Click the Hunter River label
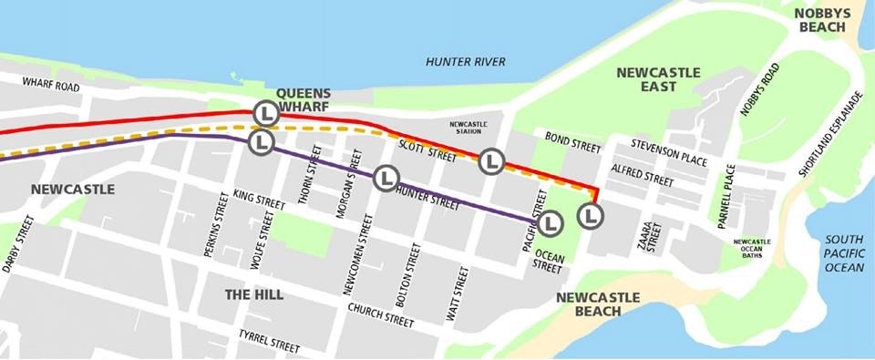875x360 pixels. point(465,62)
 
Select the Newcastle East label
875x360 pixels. point(658,79)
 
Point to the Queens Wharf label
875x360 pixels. point(304,99)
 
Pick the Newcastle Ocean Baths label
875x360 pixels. point(752,247)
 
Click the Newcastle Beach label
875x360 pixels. point(598,304)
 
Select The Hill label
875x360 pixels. point(253,294)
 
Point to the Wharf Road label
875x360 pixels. point(51,87)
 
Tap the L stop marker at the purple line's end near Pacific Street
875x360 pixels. point(550,223)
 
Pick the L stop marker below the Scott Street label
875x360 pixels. point(491,161)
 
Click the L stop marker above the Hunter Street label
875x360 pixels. point(386,177)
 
